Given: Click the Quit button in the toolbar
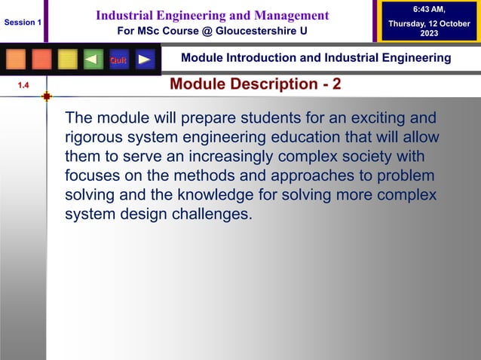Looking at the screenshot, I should [x=118, y=59].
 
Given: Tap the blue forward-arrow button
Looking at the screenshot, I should [x=145, y=59].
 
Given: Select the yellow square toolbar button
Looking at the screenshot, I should [x=68, y=59].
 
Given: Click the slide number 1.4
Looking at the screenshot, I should [x=23, y=87].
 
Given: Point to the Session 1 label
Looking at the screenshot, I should [x=23, y=23].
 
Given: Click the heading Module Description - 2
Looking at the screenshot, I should [x=255, y=84].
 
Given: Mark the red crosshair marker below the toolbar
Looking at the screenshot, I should [x=47, y=96].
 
